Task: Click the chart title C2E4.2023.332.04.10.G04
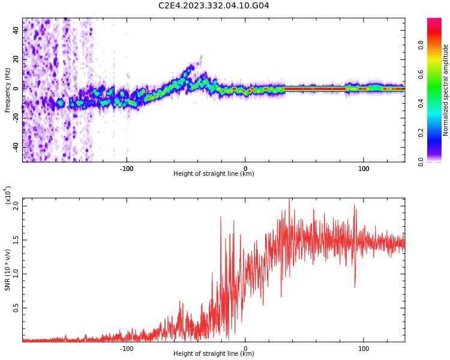(x=214, y=5)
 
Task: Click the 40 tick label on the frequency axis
(x=16, y=30)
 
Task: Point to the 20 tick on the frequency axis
(x=16, y=59)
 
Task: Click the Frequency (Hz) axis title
(x=8, y=90)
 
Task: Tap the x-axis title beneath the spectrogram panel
(x=214, y=174)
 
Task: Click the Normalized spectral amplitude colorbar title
(x=446, y=90)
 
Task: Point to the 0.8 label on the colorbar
(x=437, y=45)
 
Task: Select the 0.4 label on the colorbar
(x=437, y=103)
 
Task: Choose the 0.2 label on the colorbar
(x=437, y=133)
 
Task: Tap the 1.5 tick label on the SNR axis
(x=16, y=239)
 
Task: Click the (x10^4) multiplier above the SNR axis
(x=8, y=195)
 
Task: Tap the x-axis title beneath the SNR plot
(x=214, y=354)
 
